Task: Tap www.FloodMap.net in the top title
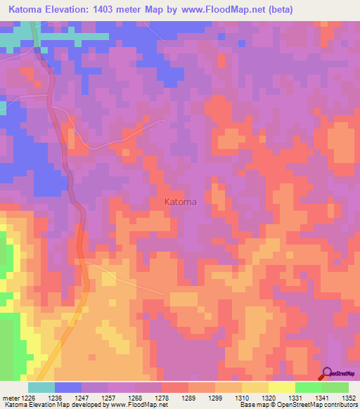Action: coord(219,9)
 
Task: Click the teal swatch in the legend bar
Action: coord(41,387)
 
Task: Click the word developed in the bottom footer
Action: coord(89,405)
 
